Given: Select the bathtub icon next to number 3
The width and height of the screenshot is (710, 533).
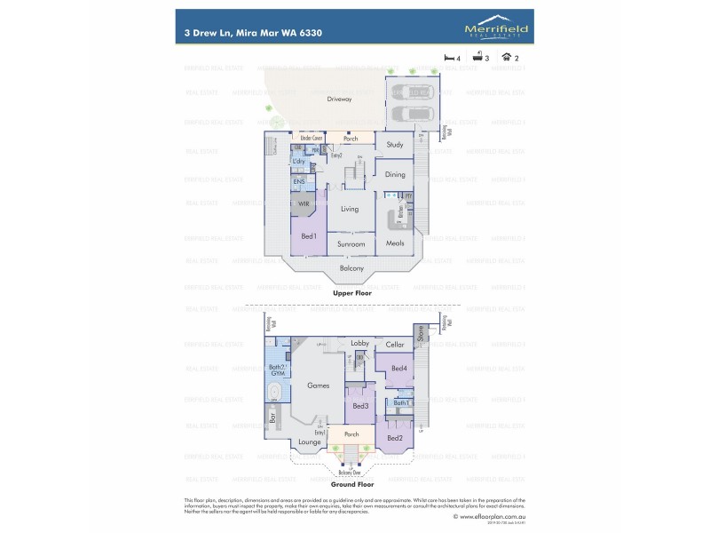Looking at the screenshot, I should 477,56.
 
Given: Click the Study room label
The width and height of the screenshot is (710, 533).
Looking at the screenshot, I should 395,145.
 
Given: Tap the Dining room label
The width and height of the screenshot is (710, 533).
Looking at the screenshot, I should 395,175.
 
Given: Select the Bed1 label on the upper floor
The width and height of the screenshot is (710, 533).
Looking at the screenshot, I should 309,236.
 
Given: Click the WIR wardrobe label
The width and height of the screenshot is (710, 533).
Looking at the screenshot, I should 304,203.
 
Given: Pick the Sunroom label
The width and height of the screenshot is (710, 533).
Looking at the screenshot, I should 351,243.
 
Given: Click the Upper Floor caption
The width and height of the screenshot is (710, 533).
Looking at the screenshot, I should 351,292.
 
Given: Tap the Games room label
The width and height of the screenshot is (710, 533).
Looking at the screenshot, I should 319,386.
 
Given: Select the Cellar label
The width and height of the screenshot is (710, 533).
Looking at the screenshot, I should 395,345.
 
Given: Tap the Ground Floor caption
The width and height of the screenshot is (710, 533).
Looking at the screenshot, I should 353,485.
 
